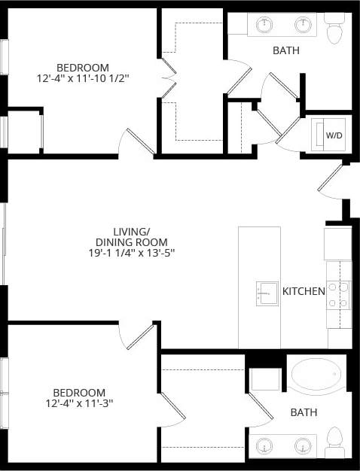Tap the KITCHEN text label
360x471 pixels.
(x=304, y=291)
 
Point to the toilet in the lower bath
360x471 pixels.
(x=335, y=442)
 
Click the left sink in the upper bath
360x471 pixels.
(x=264, y=26)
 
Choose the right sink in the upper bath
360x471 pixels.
(x=304, y=26)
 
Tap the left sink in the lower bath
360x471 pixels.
(x=264, y=446)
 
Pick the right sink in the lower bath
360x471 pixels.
(x=304, y=446)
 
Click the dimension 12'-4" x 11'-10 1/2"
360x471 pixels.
(x=78, y=78)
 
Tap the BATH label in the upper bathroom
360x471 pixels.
(x=286, y=51)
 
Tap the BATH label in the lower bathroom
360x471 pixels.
(x=304, y=412)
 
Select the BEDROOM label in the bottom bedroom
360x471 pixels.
(x=78, y=393)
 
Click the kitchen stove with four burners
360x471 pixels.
(x=338, y=295)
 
